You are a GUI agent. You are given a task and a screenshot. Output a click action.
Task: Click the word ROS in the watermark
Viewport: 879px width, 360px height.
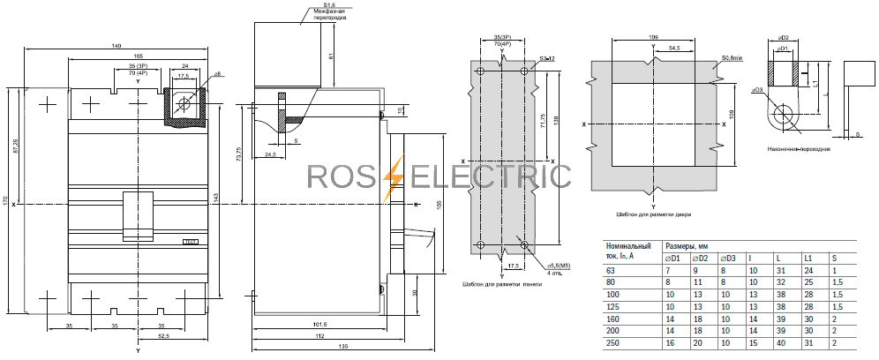tap(342, 176)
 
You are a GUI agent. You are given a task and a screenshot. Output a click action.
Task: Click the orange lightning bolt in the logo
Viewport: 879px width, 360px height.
tap(393, 176)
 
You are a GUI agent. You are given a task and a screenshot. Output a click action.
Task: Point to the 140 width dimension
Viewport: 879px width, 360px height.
tap(116, 45)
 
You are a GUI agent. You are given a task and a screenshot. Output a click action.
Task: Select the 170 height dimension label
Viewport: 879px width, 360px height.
tap(6, 203)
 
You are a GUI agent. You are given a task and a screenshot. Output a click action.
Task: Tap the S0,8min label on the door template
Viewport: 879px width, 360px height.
tap(731, 58)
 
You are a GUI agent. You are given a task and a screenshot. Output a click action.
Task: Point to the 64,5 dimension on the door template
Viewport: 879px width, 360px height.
tap(673, 48)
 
